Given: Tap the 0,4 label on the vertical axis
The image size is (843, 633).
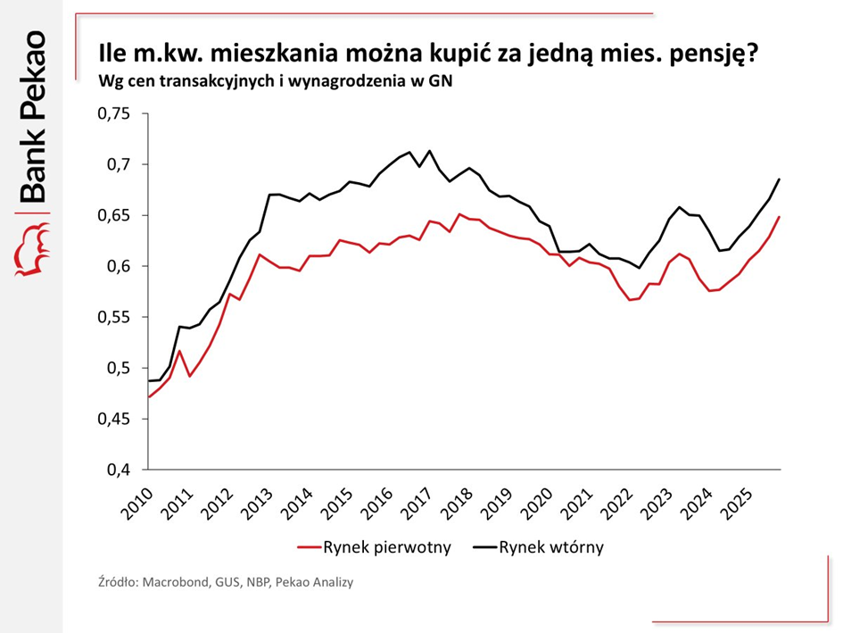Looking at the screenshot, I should click(x=120, y=470).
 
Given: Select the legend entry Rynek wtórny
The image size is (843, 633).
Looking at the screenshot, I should click(x=551, y=547).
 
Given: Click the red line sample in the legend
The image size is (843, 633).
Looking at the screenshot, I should click(x=310, y=547).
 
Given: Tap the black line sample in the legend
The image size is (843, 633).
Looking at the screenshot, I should click(x=482, y=547).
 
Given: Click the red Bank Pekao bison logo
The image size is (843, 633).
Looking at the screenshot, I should click(x=31, y=249).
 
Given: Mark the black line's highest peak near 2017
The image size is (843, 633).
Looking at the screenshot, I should click(x=429, y=150).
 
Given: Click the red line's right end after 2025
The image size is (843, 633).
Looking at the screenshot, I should click(x=780, y=217).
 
